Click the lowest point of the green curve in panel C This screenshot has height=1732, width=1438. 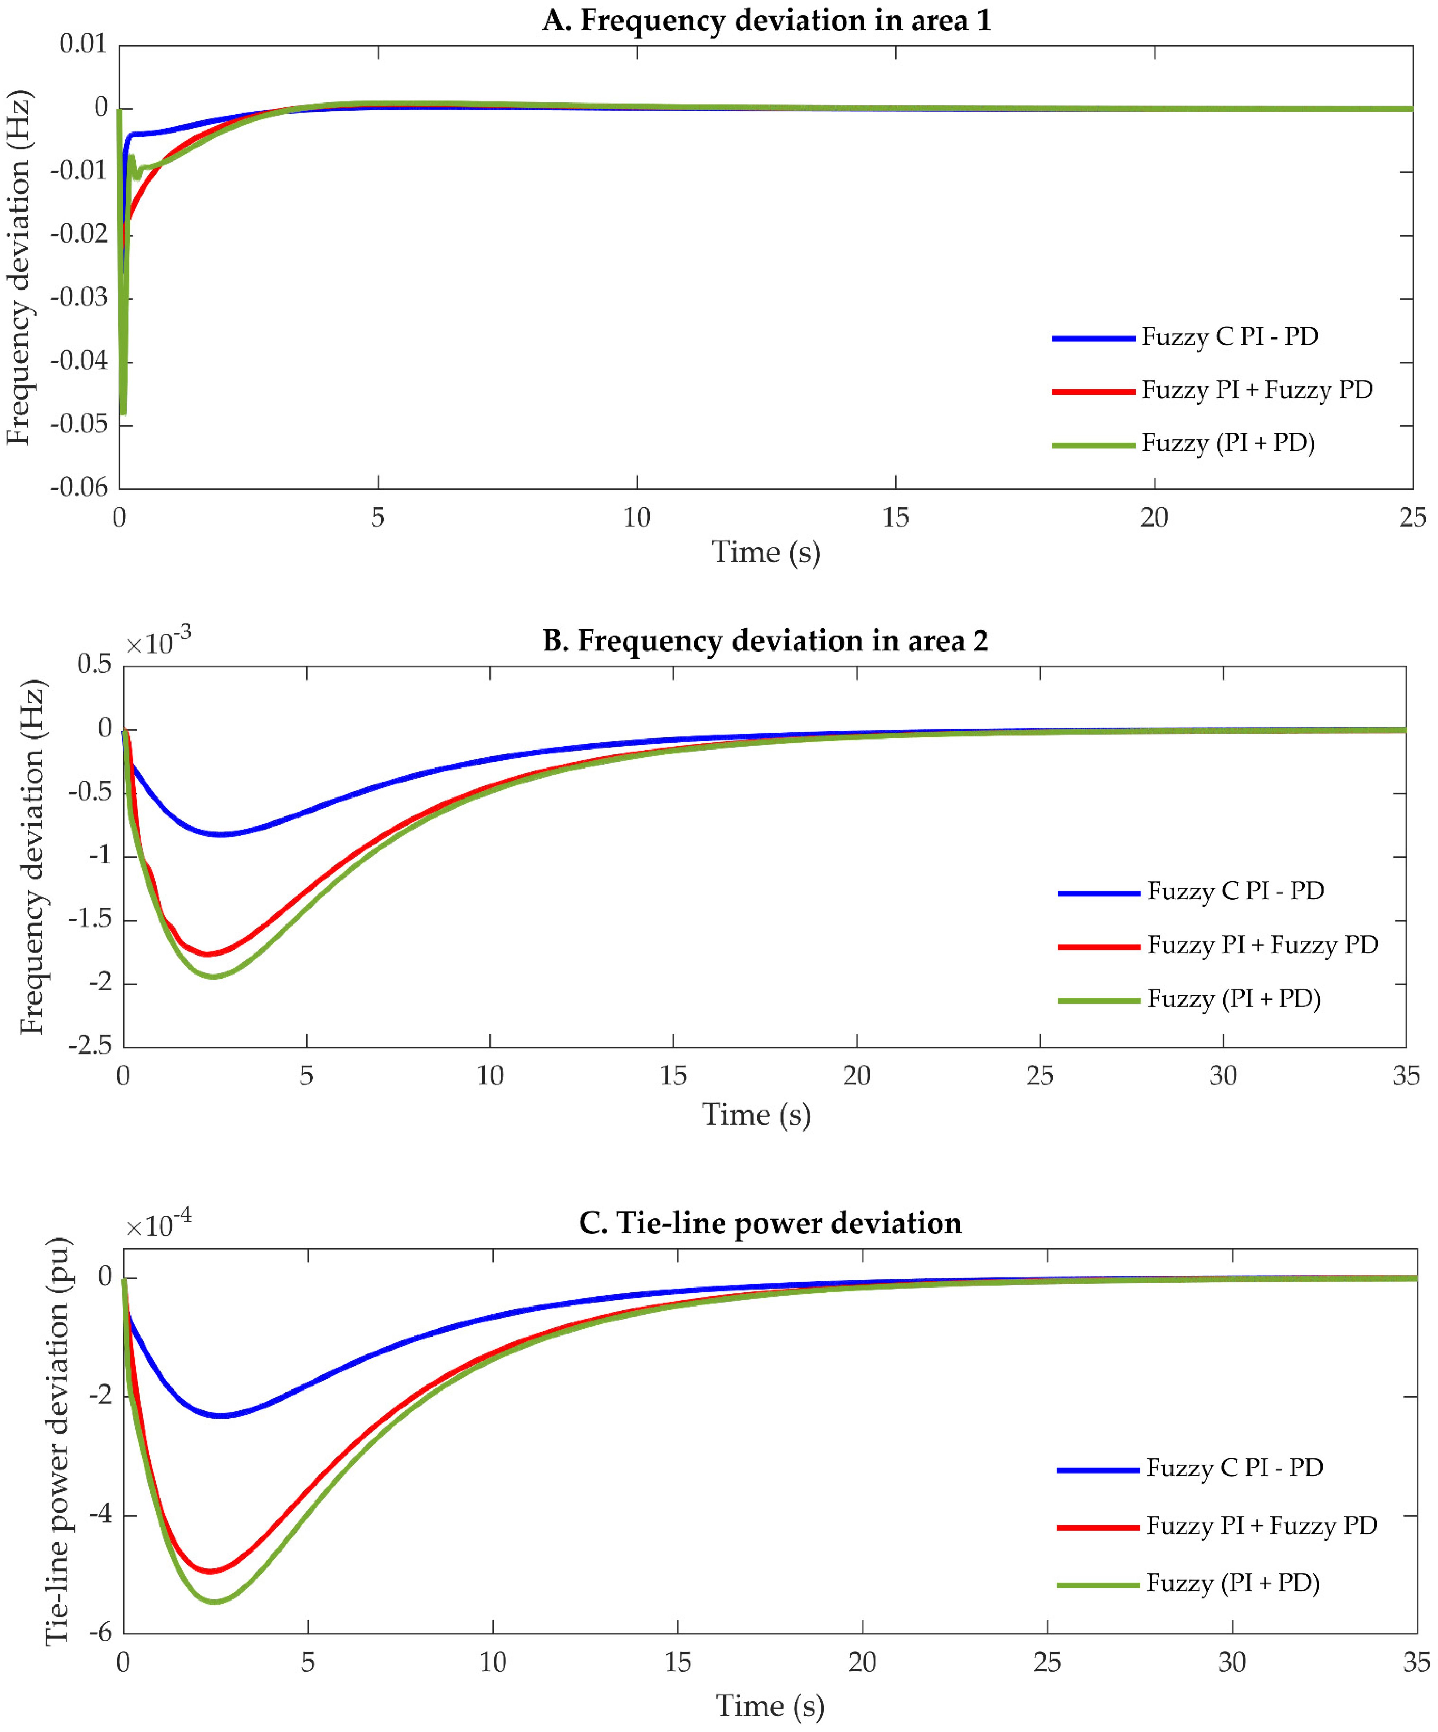(x=214, y=1602)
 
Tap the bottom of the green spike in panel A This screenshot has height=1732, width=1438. (x=123, y=412)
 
